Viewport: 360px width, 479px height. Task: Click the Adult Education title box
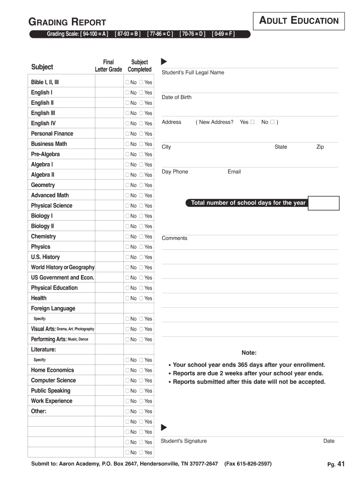[x=299, y=21]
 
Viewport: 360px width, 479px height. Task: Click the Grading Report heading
[x=67, y=22]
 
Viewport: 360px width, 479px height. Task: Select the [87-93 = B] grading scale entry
[x=127, y=34]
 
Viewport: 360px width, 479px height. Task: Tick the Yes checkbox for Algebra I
[x=142, y=165]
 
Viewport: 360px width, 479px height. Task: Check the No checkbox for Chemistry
[x=127, y=237]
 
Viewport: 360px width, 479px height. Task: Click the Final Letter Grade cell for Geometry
[x=108, y=185]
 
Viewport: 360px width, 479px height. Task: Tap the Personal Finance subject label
[x=52, y=134]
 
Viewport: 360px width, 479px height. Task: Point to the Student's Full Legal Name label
[x=193, y=73]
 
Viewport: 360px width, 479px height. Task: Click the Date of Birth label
[x=176, y=97]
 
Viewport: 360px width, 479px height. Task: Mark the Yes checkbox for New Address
[x=252, y=122]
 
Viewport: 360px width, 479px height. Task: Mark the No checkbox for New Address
[x=273, y=122]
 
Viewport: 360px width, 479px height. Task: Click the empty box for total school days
[x=324, y=203]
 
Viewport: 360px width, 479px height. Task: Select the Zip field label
[x=320, y=147]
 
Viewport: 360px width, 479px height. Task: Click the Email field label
[x=234, y=172]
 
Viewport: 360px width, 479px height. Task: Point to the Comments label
[x=174, y=238]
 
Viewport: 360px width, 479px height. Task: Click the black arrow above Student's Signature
[x=164, y=427]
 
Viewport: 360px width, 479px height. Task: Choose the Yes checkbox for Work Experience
[x=142, y=401]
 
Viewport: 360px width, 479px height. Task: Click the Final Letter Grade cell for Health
[x=108, y=298]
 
